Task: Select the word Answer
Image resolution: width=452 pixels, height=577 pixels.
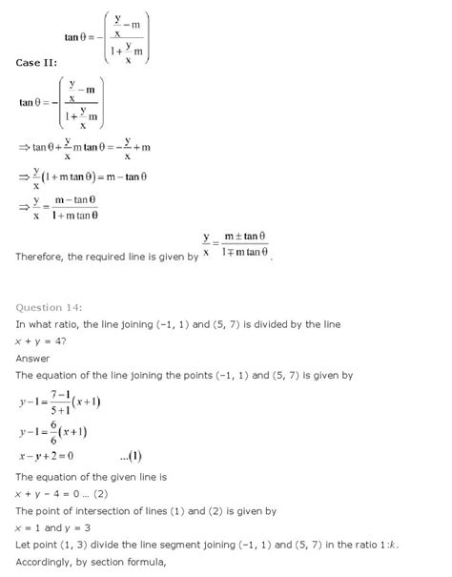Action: point(34,358)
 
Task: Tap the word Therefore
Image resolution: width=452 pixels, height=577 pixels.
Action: point(44,256)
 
